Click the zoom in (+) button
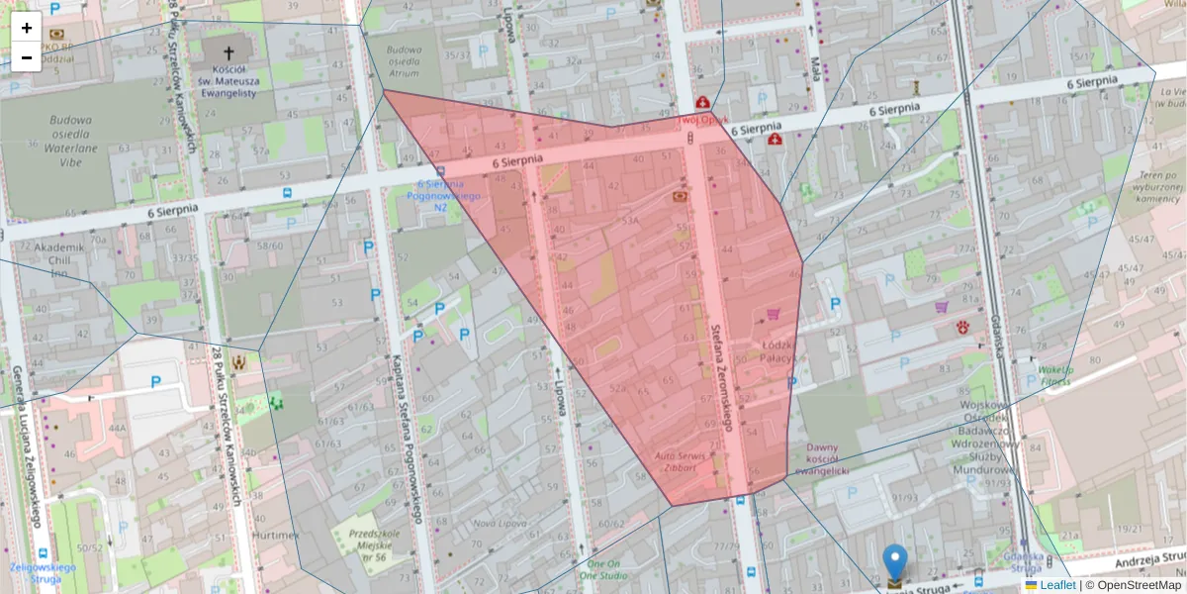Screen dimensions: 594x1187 27,28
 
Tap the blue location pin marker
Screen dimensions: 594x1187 894,562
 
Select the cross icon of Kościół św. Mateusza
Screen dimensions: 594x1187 229,52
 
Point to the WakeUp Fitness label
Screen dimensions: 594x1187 1054,375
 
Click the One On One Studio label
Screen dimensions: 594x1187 601,569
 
